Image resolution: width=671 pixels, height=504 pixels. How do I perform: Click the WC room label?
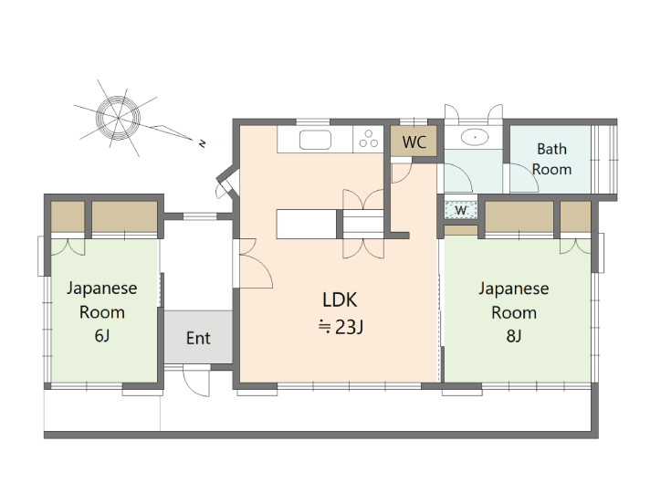(x=414, y=142)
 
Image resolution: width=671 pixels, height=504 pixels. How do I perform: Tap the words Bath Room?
(x=551, y=159)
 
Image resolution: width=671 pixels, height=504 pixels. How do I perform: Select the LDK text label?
(x=340, y=299)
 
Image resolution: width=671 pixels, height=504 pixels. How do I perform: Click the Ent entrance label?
(x=198, y=339)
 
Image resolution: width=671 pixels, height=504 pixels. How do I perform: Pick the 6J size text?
(x=102, y=336)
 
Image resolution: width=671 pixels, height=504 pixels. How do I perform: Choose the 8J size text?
(x=513, y=336)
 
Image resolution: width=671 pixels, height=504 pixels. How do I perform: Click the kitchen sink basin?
(x=315, y=140)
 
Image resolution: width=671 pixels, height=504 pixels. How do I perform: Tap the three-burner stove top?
(x=369, y=139)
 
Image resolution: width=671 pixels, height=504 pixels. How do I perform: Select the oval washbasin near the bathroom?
(x=475, y=137)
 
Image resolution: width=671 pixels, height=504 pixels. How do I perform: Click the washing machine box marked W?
(x=461, y=210)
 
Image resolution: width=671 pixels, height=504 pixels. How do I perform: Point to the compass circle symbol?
(x=118, y=117)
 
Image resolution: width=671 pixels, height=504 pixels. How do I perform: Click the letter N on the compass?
(x=203, y=143)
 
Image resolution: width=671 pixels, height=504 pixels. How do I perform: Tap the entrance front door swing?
(x=196, y=381)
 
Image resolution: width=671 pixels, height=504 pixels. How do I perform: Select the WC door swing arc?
(x=403, y=173)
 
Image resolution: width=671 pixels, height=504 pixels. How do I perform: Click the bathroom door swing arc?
(x=524, y=178)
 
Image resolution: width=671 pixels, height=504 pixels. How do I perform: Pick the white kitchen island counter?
(x=307, y=224)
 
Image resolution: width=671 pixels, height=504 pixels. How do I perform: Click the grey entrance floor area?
(x=198, y=337)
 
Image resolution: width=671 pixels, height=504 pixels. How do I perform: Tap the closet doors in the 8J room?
(x=575, y=246)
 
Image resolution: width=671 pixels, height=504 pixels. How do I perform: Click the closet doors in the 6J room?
(x=68, y=247)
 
